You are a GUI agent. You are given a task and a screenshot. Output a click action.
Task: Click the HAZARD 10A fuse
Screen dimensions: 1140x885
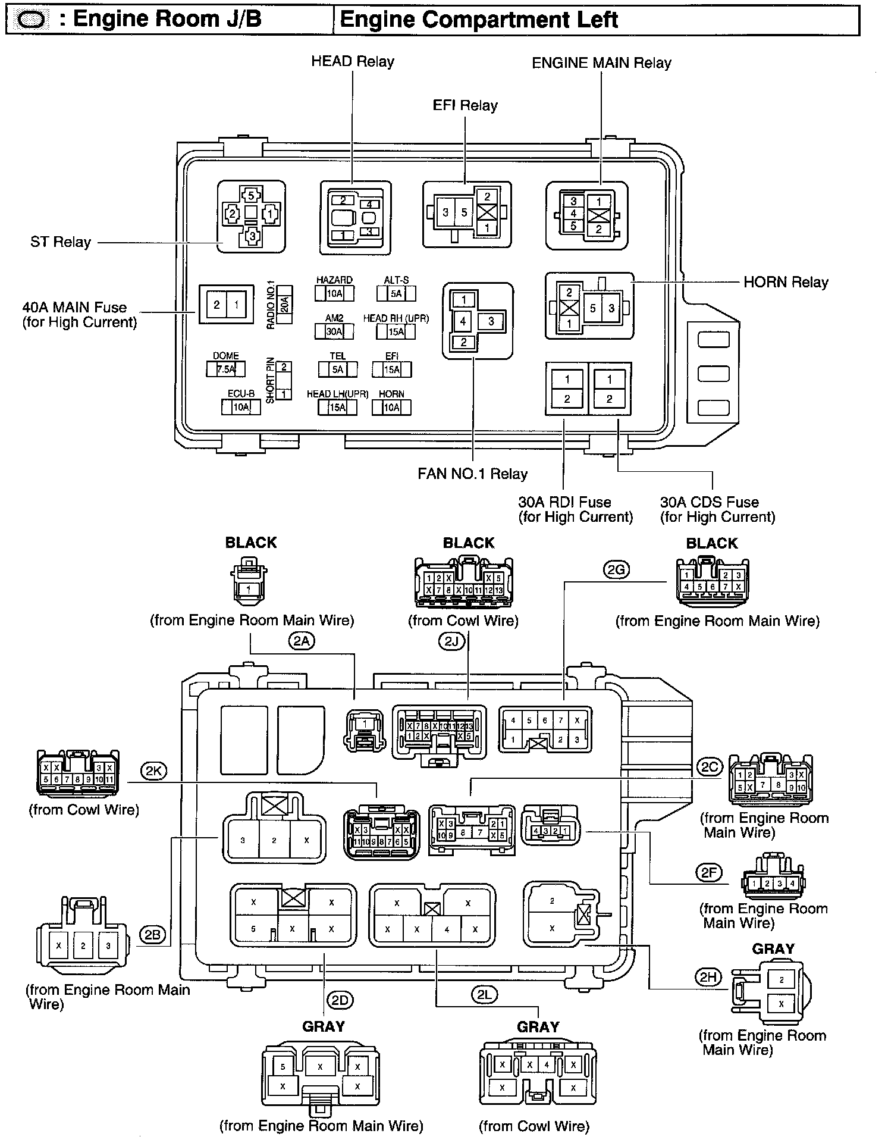coord(334,293)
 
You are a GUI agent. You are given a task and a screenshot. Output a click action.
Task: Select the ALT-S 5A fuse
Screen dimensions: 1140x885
coord(396,293)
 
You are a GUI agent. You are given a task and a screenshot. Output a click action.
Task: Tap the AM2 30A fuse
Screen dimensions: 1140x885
coord(334,331)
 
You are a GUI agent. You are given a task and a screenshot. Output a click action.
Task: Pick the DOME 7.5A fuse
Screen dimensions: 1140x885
coord(226,369)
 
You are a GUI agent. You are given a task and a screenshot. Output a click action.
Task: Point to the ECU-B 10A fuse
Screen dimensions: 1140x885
coord(240,407)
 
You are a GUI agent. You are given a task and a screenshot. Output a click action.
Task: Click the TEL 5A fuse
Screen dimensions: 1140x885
coord(337,369)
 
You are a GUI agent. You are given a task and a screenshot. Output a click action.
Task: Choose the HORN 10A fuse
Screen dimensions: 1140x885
coord(391,407)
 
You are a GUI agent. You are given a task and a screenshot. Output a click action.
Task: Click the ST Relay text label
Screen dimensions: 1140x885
coord(61,242)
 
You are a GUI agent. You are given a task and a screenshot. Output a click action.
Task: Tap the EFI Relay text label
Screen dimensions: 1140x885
coord(465,106)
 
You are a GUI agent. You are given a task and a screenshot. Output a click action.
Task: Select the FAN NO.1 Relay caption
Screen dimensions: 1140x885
coord(473,474)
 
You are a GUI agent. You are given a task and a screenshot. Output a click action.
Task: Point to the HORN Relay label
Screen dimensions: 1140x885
coord(786,283)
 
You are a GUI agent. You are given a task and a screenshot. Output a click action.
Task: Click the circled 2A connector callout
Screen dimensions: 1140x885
coord(302,641)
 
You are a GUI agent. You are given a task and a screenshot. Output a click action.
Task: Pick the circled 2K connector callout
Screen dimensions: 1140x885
coord(153,771)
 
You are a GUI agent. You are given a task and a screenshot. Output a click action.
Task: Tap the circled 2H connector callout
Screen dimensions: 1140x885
coord(708,976)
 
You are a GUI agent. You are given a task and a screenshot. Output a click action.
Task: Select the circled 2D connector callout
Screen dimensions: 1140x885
coord(340,1000)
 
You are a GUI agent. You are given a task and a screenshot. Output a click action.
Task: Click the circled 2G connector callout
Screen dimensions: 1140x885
coord(616,570)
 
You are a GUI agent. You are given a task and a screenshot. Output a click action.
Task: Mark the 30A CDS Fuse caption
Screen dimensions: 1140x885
coord(717,509)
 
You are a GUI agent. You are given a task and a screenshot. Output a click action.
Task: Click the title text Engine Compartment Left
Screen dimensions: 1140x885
coord(479,20)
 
